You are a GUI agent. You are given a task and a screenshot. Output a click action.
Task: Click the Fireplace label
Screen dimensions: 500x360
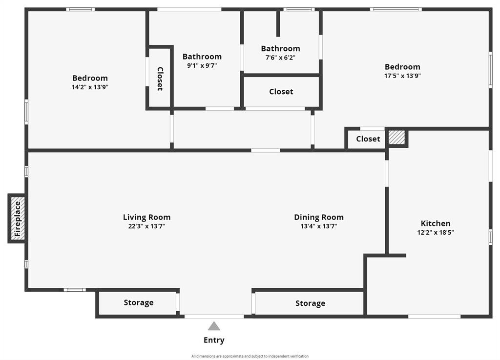click(18, 219)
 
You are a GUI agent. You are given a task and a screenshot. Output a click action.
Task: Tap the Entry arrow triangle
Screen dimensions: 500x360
click(214, 326)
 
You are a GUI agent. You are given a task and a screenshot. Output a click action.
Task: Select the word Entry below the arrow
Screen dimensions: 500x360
click(214, 340)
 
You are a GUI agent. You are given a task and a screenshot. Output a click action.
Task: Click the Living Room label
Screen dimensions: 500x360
click(146, 217)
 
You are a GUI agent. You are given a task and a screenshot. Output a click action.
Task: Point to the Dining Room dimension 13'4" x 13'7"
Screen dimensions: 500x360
click(319, 226)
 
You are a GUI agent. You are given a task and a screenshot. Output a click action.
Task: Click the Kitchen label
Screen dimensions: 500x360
click(436, 223)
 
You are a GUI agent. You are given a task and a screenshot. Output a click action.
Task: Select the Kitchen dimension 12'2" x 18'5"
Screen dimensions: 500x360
click(436, 232)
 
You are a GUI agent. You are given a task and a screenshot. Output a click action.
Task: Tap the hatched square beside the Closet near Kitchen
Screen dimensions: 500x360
click(396, 137)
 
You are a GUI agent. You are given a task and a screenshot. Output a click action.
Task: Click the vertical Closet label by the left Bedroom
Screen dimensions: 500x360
click(160, 79)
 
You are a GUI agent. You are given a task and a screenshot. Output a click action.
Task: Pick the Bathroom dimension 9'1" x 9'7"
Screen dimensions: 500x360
click(202, 66)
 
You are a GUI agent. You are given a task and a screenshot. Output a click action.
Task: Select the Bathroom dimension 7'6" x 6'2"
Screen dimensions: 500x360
click(281, 58)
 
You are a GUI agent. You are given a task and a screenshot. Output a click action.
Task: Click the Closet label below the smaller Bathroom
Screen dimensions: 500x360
click(281, 92)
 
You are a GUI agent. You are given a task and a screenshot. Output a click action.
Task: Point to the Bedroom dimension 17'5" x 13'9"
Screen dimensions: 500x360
click(402, 76)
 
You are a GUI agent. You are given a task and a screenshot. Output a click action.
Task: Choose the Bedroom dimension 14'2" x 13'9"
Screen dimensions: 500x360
click(90, 87)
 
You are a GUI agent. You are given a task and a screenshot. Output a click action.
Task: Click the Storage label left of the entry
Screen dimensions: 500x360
click(139, 302)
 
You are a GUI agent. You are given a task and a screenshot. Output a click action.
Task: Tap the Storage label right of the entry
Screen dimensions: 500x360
click(310, 303)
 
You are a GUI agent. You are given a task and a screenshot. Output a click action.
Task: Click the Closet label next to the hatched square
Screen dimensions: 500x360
click(368, 139)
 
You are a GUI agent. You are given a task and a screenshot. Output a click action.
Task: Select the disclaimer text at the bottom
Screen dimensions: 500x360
click(250, 356)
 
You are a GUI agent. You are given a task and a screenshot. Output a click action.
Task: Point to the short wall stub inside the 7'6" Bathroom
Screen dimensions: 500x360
click(278, 23)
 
